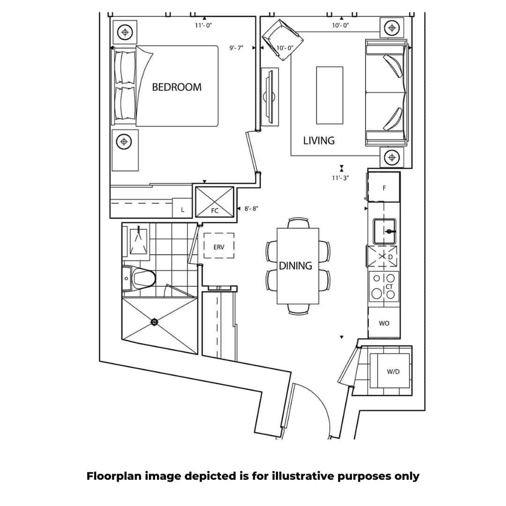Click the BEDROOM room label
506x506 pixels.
[177, 87]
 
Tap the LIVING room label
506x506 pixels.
[319, 141]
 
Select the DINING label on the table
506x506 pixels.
[296, 266]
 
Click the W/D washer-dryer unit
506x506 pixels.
[393, 372]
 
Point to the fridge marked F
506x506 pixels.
[384, 188]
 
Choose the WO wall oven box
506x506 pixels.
[384, 323]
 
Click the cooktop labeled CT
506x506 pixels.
[384, 286]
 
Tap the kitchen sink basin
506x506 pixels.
[385, 231]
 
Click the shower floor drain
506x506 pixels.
[154, 322]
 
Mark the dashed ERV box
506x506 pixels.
[219, 246]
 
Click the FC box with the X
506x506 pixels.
[214, 202]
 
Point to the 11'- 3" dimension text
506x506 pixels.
[341, 178]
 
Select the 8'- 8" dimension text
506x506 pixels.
[251, 208]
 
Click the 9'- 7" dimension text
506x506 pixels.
[236, 48]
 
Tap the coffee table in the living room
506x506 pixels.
[329, 95]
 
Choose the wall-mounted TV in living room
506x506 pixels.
[269, 97]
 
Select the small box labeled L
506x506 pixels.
[183, 210]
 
